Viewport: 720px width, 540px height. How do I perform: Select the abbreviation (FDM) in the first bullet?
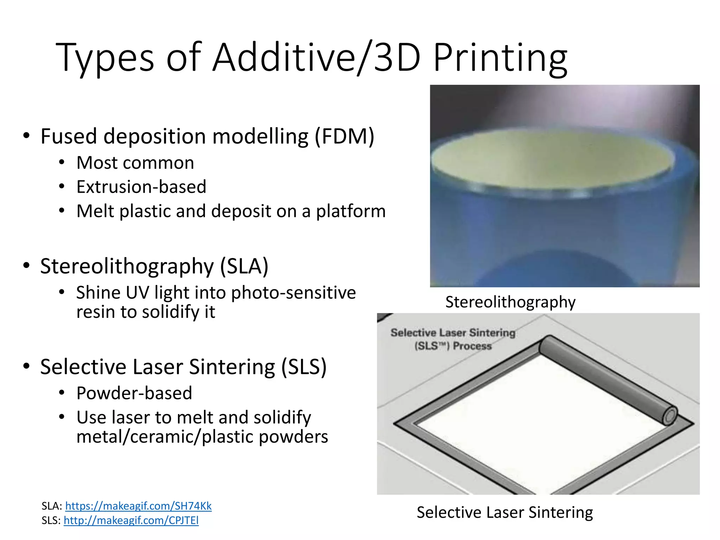344,136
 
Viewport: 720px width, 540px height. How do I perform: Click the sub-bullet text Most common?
135,163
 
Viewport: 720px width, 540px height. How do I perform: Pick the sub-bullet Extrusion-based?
141,187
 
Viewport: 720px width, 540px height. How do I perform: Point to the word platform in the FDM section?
351,211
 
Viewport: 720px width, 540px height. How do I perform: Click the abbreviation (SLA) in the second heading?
244,266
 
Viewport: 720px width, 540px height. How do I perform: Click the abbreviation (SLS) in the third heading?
304,367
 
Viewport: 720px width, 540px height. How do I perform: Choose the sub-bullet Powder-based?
134,393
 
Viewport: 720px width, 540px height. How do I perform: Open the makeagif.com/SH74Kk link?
138,506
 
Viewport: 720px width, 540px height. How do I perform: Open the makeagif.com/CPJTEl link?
131,520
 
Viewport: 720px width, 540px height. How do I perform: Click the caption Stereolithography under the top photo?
510,302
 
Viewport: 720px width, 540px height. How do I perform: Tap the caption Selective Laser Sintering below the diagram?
504,512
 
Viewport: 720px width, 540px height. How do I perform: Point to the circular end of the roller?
670,416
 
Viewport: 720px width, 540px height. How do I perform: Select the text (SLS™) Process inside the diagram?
453,346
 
